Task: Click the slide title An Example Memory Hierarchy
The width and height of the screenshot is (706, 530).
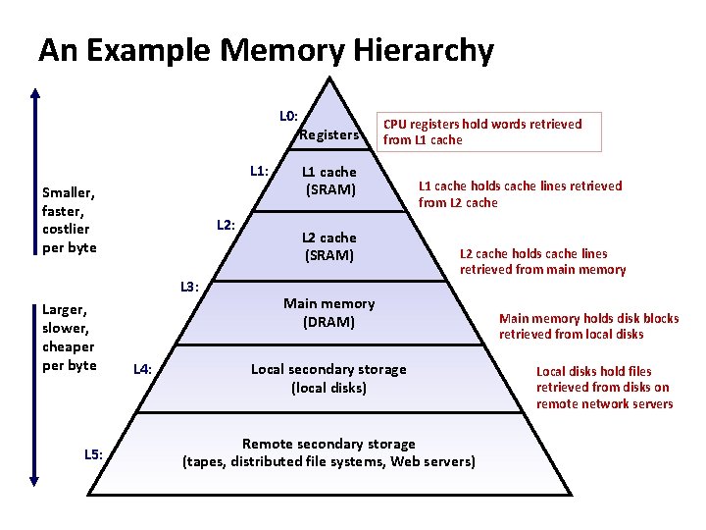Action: (x=266, y=50)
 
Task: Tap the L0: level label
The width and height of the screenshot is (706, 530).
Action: (x=288, y=116)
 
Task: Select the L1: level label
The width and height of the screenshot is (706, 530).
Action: (x=259, y=171)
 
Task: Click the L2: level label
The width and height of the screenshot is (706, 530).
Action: (x=226, y=225)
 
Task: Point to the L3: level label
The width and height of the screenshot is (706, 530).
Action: (x=189, y=287)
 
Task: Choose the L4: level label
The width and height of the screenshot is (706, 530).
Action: (x=142, y=369)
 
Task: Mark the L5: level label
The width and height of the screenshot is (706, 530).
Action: (x=93, y=453)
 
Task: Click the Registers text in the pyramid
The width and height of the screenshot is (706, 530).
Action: (x=329, y=134)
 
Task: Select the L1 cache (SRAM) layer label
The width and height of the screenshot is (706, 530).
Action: (x=330, y=181)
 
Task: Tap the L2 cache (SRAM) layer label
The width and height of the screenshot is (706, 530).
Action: (x=329, y=246)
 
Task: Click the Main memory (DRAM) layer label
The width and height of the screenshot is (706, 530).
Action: (x=328, y=313)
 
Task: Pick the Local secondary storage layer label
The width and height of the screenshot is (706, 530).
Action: (x=328, y=378)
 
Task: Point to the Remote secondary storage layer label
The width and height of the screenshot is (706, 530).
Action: (x=328, y=452)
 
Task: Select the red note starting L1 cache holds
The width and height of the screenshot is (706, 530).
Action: (x=520, y=194)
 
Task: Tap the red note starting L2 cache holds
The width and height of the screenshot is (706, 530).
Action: (x=542, y=261)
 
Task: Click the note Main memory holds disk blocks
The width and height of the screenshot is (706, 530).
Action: (x=588, y=326)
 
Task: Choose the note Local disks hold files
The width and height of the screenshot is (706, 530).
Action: (x=604, y=387)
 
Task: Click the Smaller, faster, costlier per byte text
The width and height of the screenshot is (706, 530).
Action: (x=70, y=220)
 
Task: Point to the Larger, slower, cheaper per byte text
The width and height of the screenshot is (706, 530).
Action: (x=69, y=338)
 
